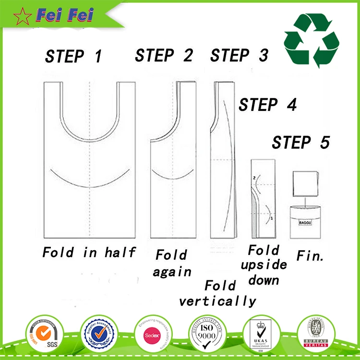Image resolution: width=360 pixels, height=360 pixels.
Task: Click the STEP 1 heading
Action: point(74,57)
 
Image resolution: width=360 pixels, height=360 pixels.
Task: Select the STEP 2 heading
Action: point(164,55)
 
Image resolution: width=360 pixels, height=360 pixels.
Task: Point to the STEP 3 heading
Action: point(239,55)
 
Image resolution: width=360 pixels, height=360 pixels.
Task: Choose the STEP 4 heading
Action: point(268,105)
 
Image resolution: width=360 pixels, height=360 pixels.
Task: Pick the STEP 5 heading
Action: point(301,143)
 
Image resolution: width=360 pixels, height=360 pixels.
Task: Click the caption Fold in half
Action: point(89,252)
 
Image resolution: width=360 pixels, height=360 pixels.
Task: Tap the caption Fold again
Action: point(172,263)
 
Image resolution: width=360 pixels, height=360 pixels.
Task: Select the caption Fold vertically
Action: point(217,294)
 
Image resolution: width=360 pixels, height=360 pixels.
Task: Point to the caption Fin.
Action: point(310,255)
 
